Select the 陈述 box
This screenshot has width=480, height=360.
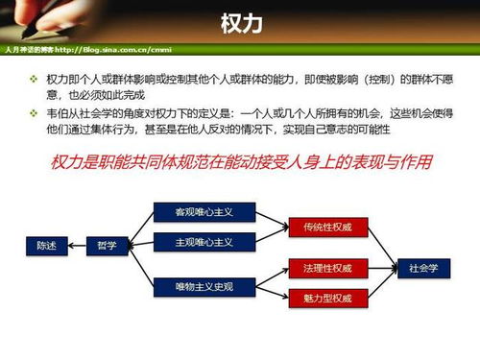(x=47, y=247)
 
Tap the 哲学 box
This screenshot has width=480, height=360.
(x=107, y=247)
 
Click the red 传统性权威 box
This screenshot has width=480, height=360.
(x=327, y=228)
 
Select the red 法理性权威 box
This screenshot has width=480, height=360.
(x=327, y=267)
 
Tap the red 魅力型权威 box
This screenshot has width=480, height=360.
(x=327, y=298)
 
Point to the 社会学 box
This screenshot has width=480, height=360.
(x=423, y=267)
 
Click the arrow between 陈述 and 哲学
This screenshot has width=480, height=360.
(x=77, y=247)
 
